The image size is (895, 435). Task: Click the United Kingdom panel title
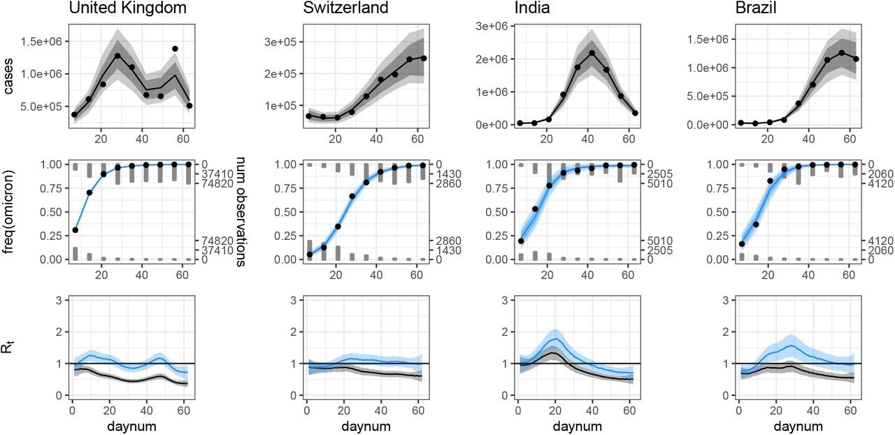[x=127, y=9]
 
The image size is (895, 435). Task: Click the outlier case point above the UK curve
[x=175, y=49]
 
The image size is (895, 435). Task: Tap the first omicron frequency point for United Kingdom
[x=75, y=229]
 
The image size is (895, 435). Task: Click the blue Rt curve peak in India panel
[x=555, y=339]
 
